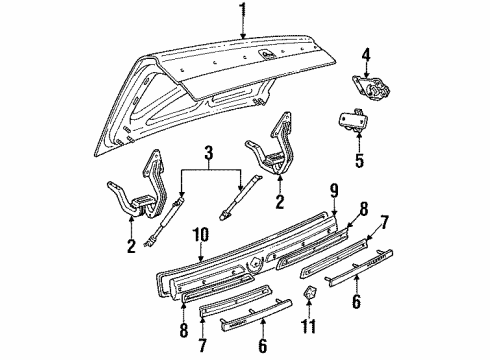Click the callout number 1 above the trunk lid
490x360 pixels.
(242, 11)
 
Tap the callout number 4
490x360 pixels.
(365, 55)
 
